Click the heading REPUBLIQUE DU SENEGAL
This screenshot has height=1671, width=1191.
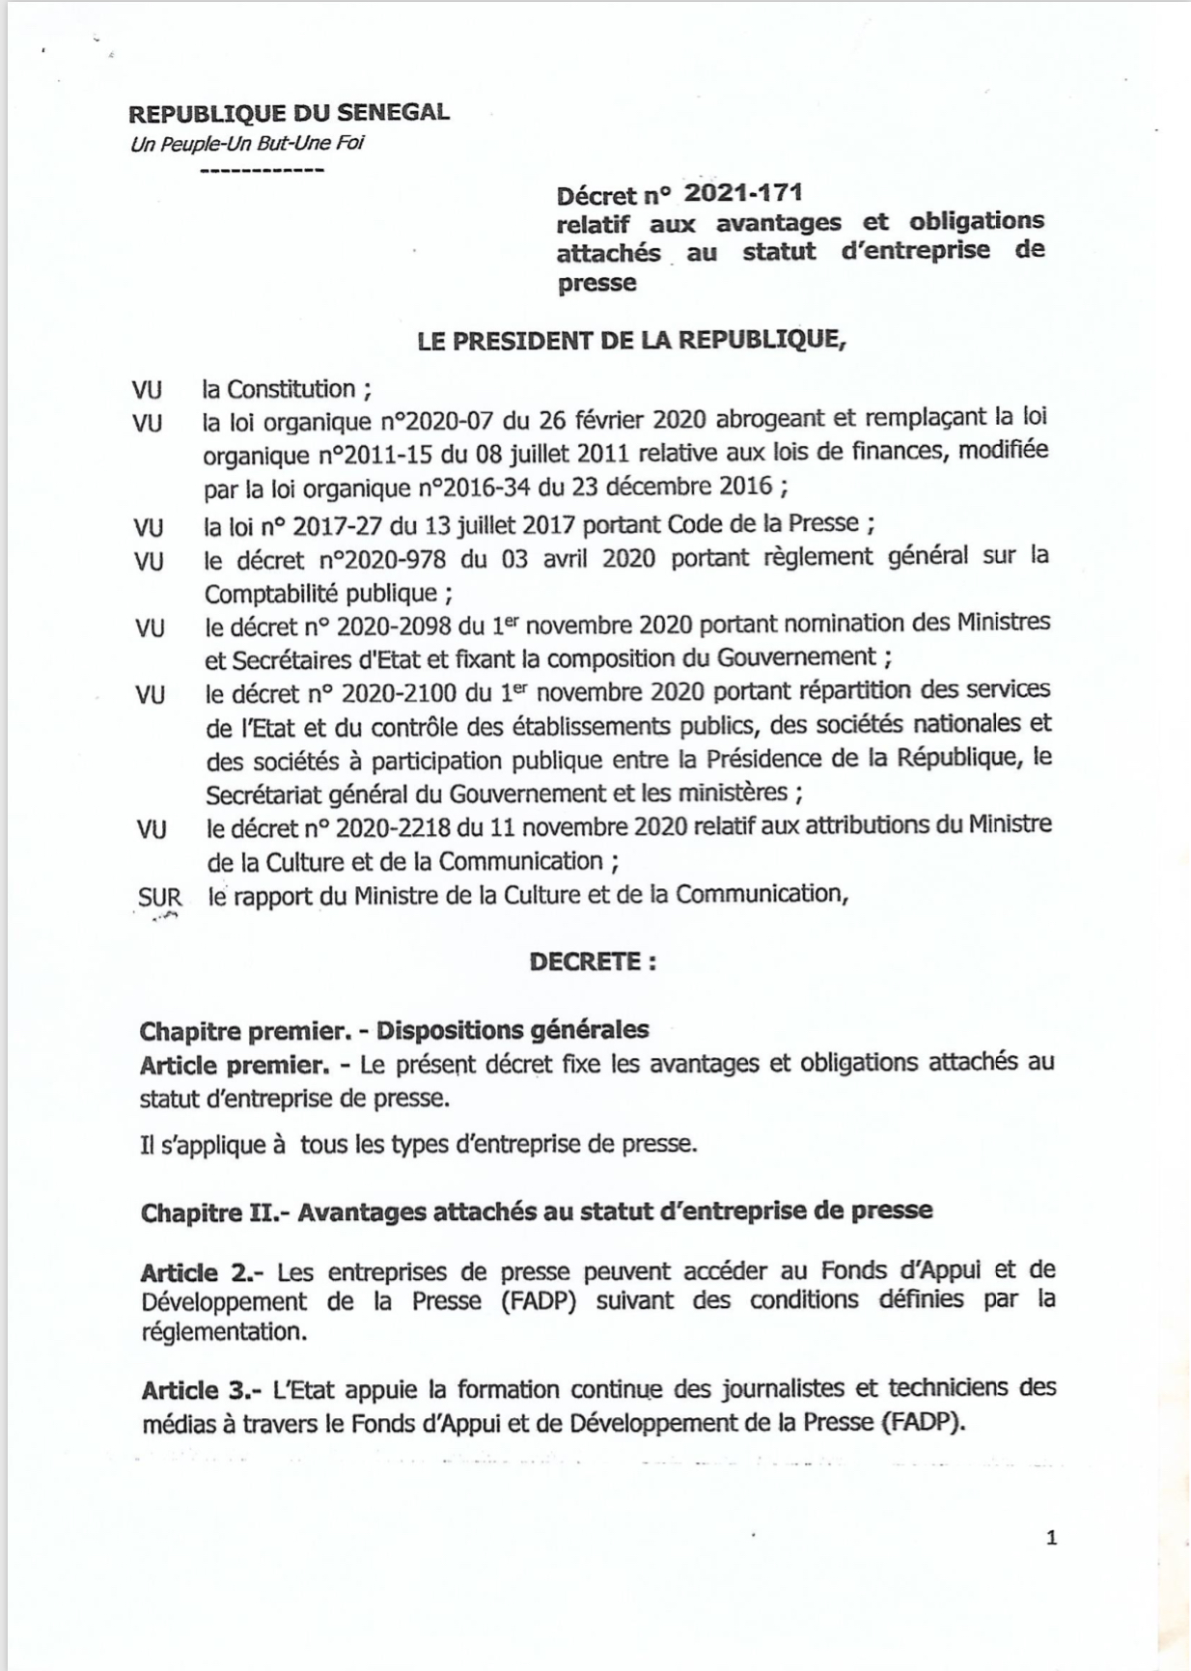coord(289,112)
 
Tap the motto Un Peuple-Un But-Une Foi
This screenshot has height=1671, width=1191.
coord(247,144)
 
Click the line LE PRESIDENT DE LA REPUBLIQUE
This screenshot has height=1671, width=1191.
coord(630,340)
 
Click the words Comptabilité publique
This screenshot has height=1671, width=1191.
coord(320,593)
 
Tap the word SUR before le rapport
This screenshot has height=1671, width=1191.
coord(159,897)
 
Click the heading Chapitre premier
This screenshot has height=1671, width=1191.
coord(244,1031)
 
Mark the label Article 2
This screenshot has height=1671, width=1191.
coord(196,1271)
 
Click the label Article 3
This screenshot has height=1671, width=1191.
coord(197,1390)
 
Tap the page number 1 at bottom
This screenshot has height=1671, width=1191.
coord(1051,1538)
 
